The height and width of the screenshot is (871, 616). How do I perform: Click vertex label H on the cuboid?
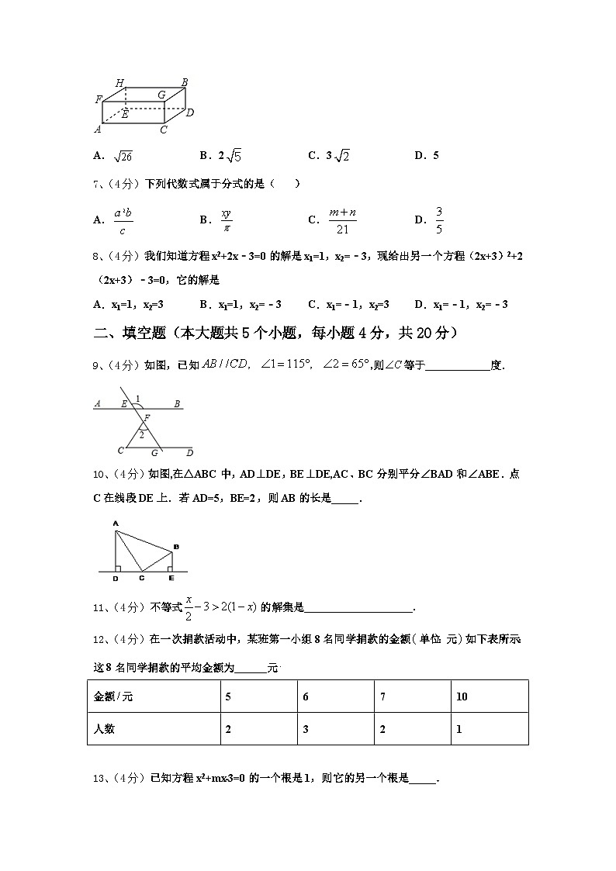[x=119, y=83]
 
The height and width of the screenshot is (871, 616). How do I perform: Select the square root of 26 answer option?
[x=123, y=156]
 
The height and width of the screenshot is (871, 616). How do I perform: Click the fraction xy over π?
[x=227, y=219]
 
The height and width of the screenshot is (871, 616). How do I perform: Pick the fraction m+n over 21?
[x=342, y=219]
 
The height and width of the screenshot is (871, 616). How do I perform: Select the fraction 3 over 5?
[x=439, y=219]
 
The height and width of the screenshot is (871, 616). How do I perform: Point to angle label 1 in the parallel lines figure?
[x=137, y=399]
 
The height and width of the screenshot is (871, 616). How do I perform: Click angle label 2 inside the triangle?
[x=140, y=435]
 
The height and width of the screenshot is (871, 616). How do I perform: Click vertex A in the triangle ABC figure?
[x=116, y=524]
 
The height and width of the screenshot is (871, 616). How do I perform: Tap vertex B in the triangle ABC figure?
[x=176, y=547]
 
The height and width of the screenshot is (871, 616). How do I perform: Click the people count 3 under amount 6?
[x=306, y=730]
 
